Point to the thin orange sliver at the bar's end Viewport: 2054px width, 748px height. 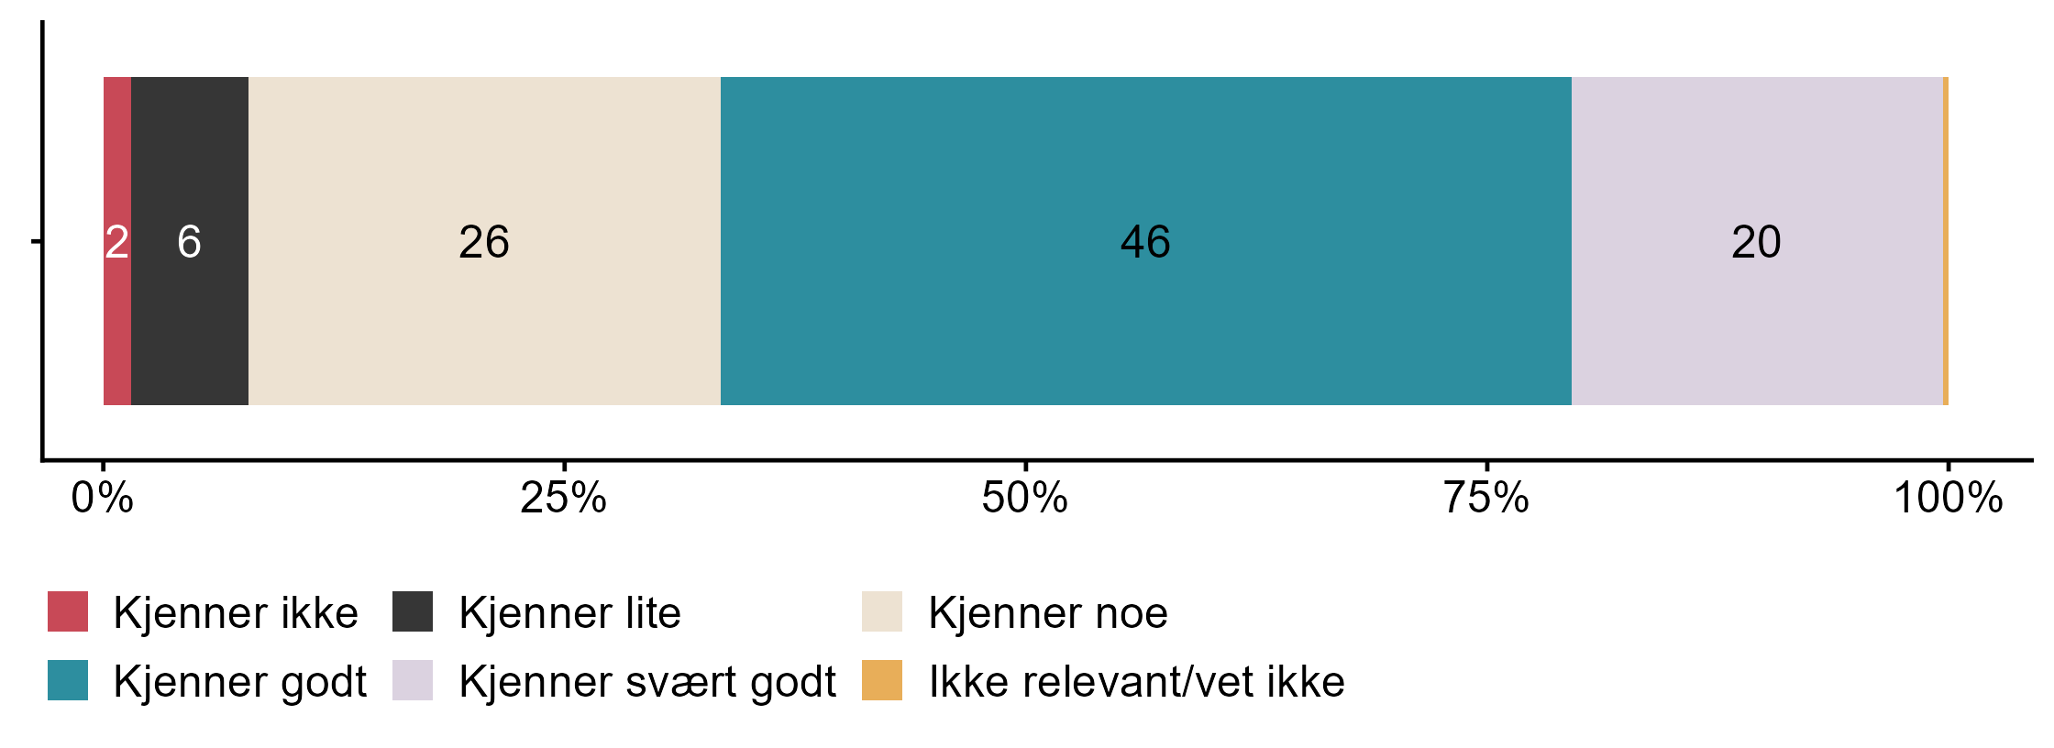1946,240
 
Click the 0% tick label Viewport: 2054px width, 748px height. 102,498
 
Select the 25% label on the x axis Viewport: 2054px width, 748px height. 563,498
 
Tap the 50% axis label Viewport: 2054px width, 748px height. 1024,498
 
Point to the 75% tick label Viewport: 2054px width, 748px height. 1485,498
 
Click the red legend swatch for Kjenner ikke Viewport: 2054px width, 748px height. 68,611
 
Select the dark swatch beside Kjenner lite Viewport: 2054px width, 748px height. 413,611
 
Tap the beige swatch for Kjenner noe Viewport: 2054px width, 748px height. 882,611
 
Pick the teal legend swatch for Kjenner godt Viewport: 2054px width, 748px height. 68,680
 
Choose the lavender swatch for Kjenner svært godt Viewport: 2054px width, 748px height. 413,680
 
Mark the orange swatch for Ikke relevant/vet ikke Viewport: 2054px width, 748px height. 882,680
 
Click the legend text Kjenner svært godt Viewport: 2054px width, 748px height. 647,682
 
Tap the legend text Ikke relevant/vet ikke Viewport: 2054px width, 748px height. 1136,682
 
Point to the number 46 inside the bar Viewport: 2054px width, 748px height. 1145,242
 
